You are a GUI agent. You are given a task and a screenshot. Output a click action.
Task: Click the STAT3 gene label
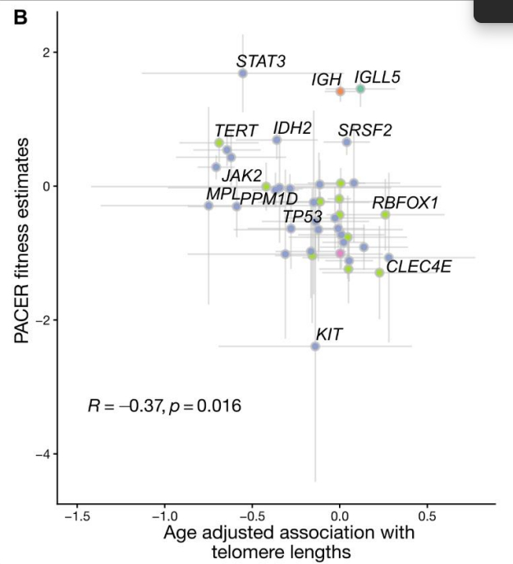(x=261, y=61)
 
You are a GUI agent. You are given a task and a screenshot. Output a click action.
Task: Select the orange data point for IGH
(x=340, y=91)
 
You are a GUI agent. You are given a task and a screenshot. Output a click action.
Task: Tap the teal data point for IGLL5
(x=360, y=89)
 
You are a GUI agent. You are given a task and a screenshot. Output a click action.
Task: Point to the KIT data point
(x=315, y=346)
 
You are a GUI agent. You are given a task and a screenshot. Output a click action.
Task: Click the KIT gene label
(x=329, y=334)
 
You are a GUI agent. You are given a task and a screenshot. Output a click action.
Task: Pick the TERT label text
(x=236, y=131)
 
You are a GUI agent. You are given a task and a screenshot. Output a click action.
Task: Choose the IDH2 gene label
(x=292, y=128)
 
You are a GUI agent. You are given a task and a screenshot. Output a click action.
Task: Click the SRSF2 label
(x=365, y=130)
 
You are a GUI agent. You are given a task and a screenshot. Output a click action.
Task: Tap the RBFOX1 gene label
(x=405, y=202)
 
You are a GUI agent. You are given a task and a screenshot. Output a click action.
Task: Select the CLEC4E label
(x=419, y=266)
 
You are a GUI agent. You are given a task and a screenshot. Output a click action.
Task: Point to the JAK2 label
(x=242, y=175)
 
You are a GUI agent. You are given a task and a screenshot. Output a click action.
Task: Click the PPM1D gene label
(x=269, y=198)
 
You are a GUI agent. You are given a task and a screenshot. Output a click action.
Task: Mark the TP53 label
(x=302, y=217)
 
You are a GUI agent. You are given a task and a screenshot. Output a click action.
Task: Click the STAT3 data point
(x=243, y=74)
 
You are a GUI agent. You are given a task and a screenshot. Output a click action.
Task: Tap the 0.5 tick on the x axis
(x=427, y=517)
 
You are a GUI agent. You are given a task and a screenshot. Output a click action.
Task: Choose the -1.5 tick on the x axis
(x=76, y=517)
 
